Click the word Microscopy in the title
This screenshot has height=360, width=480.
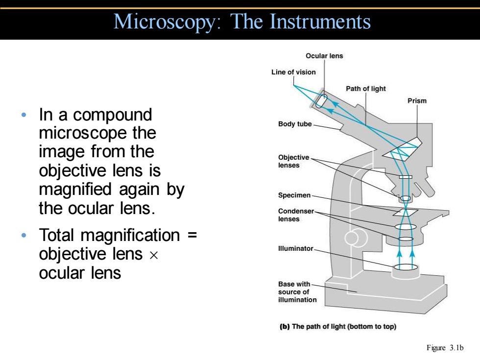167,22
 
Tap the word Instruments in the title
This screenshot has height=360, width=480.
320,22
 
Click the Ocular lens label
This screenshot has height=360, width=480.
324,56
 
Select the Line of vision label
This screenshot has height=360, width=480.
293,72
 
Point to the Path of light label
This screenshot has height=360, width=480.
365,89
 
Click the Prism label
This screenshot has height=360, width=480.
417,101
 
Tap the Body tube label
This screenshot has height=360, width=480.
295,124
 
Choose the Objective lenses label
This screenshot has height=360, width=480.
293,161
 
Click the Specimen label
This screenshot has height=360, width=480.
294,195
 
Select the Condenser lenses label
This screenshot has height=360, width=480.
296,215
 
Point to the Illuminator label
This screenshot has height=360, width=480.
295,248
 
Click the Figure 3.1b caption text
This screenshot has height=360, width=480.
445,348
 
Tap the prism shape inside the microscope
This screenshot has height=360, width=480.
402,149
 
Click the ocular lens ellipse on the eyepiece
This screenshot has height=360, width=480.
321,101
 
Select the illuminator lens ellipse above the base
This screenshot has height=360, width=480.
406,267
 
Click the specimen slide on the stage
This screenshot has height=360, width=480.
406,213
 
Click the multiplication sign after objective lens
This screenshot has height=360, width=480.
154,255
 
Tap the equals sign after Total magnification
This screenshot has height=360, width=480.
192,236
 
